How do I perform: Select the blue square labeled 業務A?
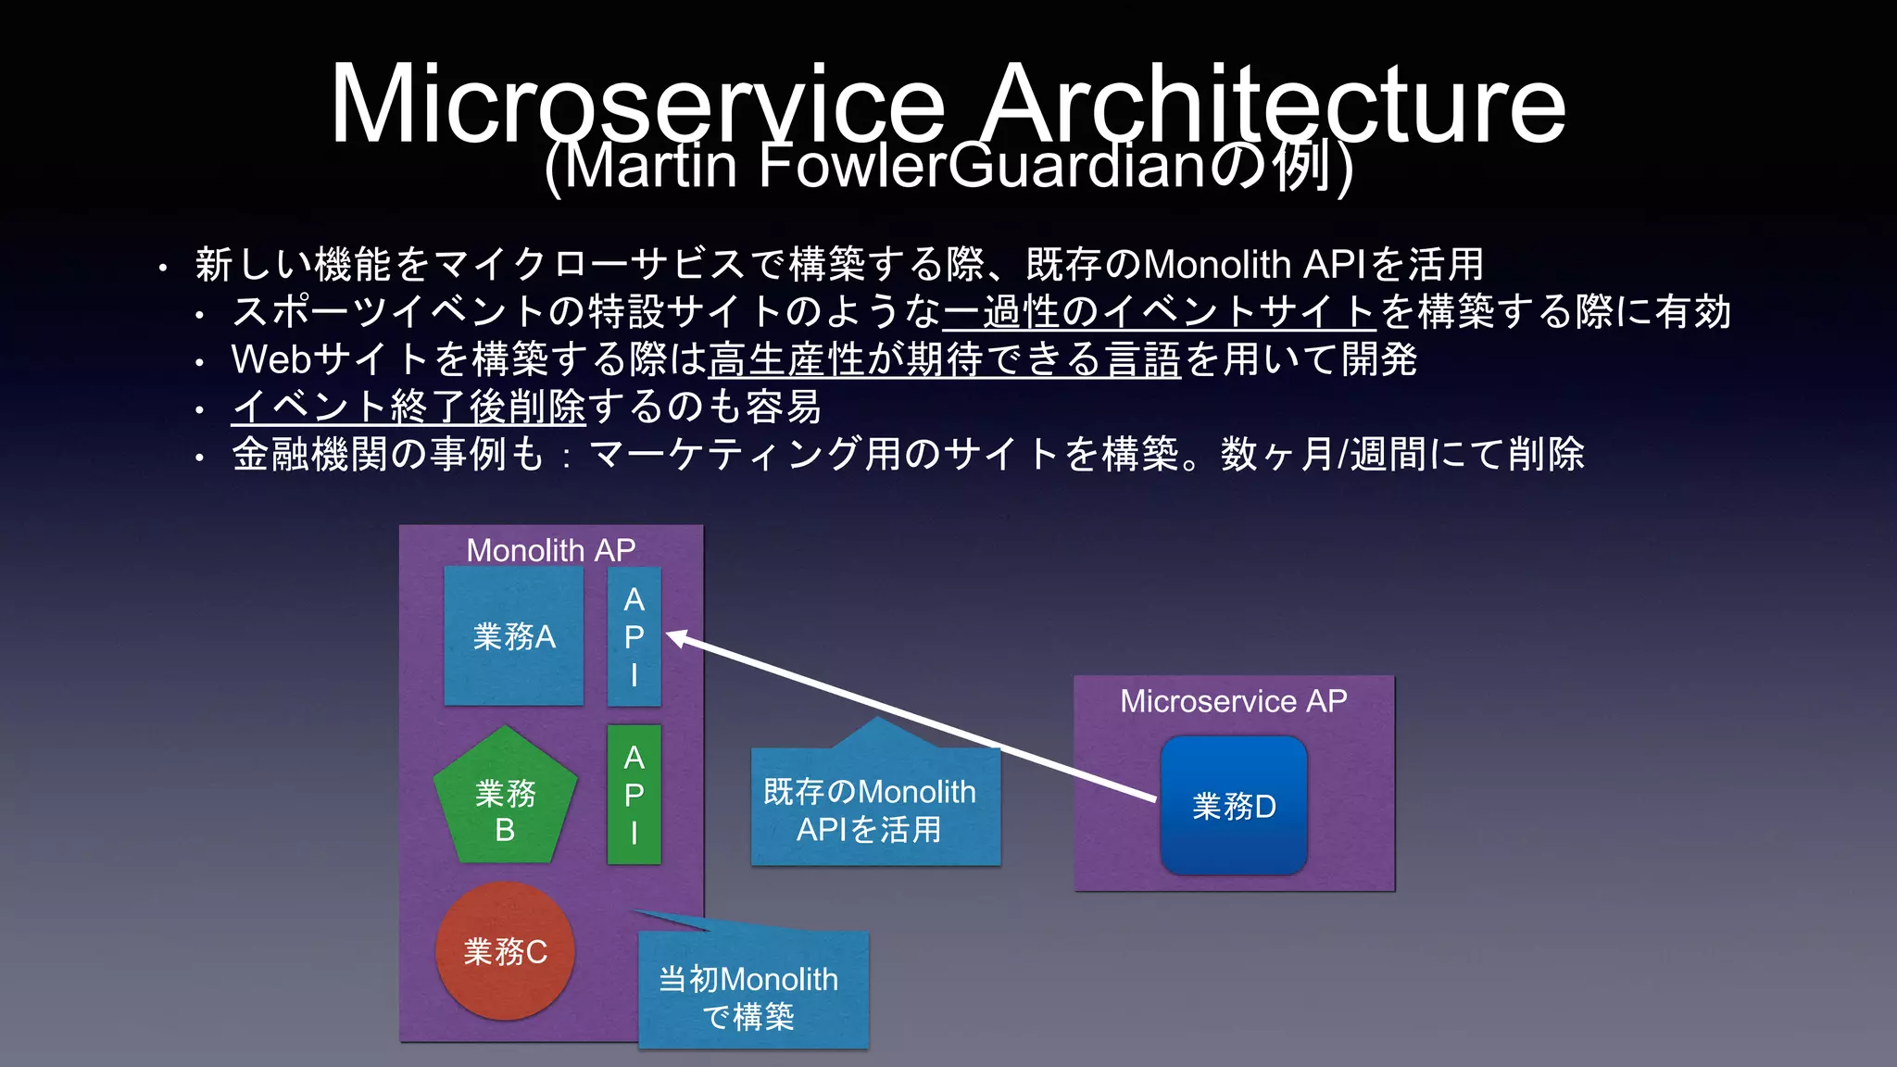[x=513, y=636]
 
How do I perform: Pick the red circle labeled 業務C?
[x=505, y=951]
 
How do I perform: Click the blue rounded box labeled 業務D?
[x=1234, y=806]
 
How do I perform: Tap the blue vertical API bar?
[x=634, y=636]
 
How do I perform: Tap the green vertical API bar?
[x=634, y=795]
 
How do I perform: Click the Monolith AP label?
[x=550, y=550]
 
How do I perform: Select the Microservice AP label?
[x=1233, y=701]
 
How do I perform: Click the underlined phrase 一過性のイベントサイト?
[x=1158, y=312]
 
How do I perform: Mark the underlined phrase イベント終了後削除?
[x=408, y=407]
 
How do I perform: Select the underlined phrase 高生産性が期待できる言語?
[x=944, y=359]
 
